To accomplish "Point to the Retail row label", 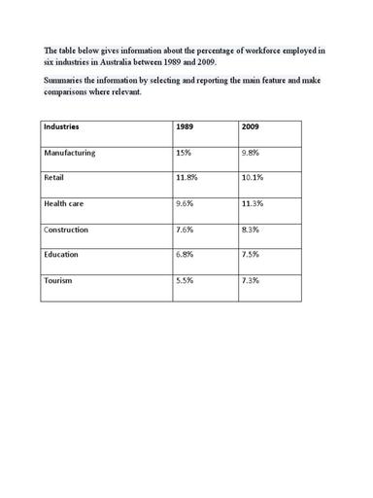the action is (54, 178).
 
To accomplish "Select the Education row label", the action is (63, 255).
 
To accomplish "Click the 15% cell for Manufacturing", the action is (183, 153).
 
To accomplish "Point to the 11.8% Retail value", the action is (186, 178).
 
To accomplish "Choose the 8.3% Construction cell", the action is (250, 230).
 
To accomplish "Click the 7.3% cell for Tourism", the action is (250, 280).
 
